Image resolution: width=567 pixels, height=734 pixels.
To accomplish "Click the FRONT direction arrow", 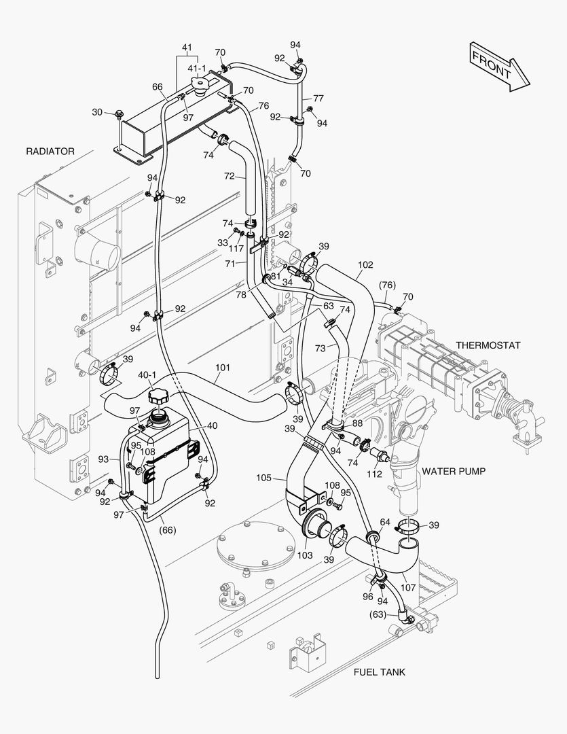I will [499, 65].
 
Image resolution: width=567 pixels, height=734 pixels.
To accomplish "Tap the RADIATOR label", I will [50, 151].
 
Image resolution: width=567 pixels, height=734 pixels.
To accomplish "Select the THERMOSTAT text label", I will [488, 345].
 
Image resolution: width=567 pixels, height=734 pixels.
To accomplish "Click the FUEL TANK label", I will [379, 672].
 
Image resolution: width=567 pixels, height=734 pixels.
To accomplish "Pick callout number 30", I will [97, 112].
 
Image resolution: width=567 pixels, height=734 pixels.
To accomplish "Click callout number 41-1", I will [197, 69].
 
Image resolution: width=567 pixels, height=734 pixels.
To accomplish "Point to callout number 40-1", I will [147, 374].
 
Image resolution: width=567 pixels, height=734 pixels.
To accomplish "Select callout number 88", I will [356, 423].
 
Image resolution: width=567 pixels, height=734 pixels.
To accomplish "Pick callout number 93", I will [103, 459].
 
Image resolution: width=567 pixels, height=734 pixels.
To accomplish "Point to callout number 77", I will [318, 98].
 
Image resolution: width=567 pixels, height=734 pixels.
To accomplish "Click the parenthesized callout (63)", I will [378, 614].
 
